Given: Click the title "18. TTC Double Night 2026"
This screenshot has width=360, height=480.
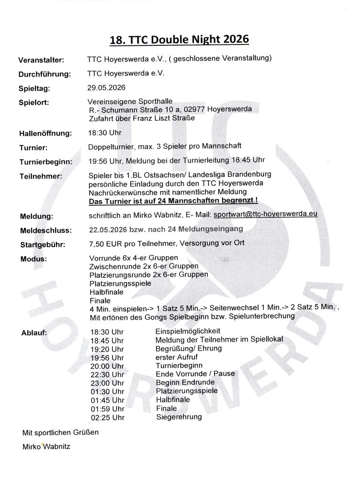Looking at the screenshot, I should click(x=180, y=40).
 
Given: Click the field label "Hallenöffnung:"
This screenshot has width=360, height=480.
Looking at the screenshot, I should click(x=44, y=133).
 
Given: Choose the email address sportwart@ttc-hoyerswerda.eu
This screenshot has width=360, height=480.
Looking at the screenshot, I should click(x=265, y=214).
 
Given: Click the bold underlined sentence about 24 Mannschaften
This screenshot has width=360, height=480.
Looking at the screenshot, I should click(x=174, y=201).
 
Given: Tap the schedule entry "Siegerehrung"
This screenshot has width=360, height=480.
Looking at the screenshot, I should click(x=179, y=417).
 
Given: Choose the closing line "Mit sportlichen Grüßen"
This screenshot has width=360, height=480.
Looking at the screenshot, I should click(x=60, y=432).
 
